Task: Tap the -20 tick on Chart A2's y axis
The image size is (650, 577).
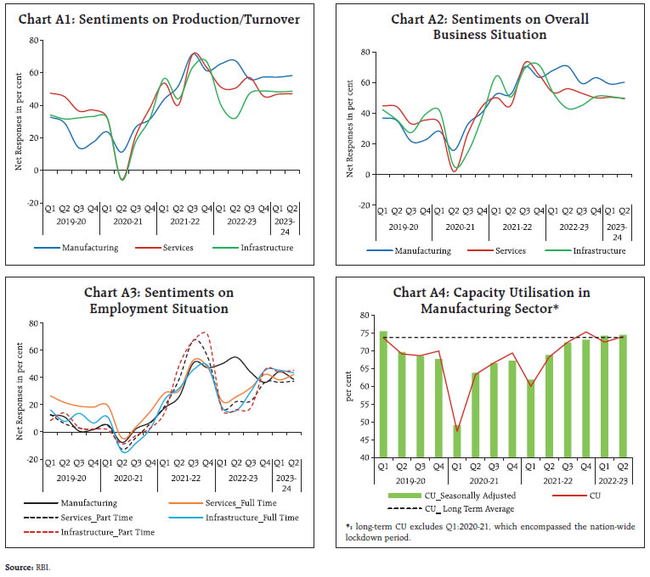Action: tap(363, 204)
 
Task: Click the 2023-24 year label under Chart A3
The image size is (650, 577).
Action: tap(287, 487)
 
